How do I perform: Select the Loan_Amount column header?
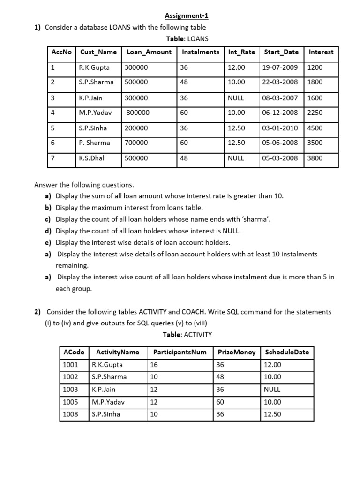(x=150, y=52)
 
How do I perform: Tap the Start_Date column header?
(x=281, y=52)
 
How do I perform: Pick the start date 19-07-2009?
(x=280, y=67)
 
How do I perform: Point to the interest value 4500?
(x=315, y=128)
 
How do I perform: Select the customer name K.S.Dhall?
(x=92, y=158)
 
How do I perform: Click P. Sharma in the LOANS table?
(x=94, y=143)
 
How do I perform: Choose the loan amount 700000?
(x=136, y=143)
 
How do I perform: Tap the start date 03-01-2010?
(x=280, y=128)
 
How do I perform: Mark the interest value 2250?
(x=315, y=112)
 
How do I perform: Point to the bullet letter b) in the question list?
(x=48, y=207)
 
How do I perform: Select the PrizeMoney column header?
(x=236, y=352)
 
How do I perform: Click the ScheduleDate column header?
(x=287, y=352)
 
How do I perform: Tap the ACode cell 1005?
(x=70, y=402)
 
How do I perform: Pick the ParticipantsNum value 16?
(x=154, y=364)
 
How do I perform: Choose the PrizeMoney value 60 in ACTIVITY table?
(x=220, y=402)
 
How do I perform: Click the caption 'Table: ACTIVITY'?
(x=187, y=335)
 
